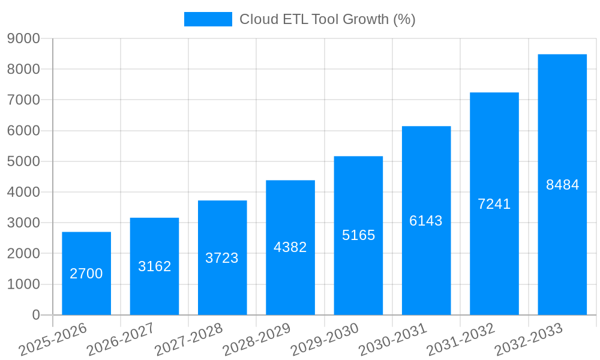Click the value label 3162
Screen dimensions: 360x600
[155, 266]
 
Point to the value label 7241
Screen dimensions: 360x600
[494, 204]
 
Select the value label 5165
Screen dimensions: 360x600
[358, 235]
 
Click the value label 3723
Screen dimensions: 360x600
[222, 258]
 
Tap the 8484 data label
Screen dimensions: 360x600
[562, 185]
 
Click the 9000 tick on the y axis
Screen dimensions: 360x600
[23, 38]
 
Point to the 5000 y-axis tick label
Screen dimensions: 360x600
[23, 161]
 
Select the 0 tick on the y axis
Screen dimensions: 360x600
[36, 315]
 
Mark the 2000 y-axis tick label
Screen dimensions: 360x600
[23, 254]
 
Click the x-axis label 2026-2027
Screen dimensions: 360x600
[121, 340]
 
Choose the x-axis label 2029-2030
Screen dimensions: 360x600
[325, 340]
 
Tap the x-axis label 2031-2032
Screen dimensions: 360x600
[461, 340]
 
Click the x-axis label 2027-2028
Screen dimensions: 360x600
[188, 340]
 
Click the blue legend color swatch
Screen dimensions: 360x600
[208, 19]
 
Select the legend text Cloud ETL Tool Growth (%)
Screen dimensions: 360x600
[327, 19]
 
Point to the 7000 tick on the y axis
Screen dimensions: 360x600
[23, 100]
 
